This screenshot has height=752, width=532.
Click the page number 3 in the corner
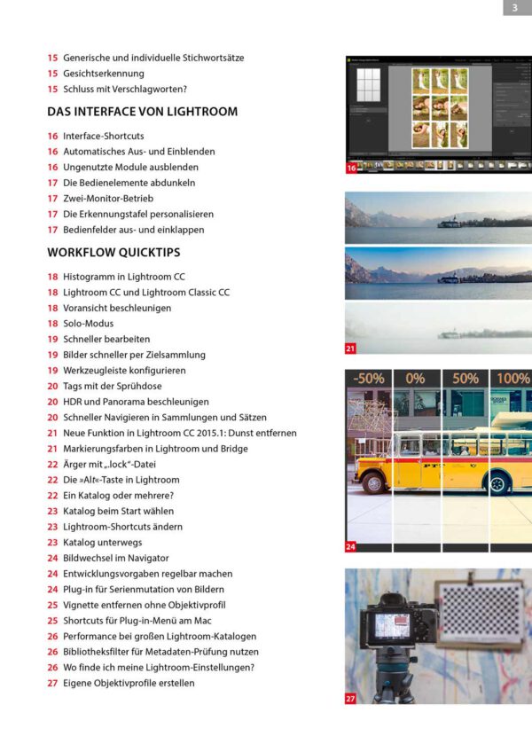[517, 8]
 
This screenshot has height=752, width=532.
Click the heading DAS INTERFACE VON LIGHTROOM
[142, 113]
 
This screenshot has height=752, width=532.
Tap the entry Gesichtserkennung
[103, 74]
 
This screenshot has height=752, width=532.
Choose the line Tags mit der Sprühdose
[112, 387]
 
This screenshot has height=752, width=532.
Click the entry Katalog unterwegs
[102, 542]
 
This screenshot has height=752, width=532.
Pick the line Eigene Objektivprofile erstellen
[129, 683]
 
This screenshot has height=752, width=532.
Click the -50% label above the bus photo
[368, 379]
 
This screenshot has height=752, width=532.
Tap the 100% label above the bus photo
[512, 379]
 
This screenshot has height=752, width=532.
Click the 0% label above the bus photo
[415, 379]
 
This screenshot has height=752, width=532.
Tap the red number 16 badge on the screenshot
[351, 167]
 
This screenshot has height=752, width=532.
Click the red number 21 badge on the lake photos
[351, 349]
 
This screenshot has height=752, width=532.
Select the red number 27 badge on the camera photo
[351, 699]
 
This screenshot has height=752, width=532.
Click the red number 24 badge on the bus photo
[351, 546]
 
